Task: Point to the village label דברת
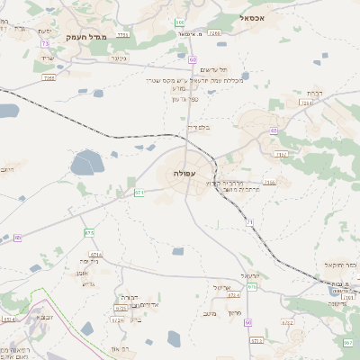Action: coord(313,93)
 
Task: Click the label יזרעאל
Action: coord(250,275)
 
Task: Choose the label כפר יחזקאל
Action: coord(340,265)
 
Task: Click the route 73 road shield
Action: coord(45,43)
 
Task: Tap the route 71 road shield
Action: coord(249,221)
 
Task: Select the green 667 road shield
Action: coord(347,342)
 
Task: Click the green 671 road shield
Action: coord(139,192)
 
